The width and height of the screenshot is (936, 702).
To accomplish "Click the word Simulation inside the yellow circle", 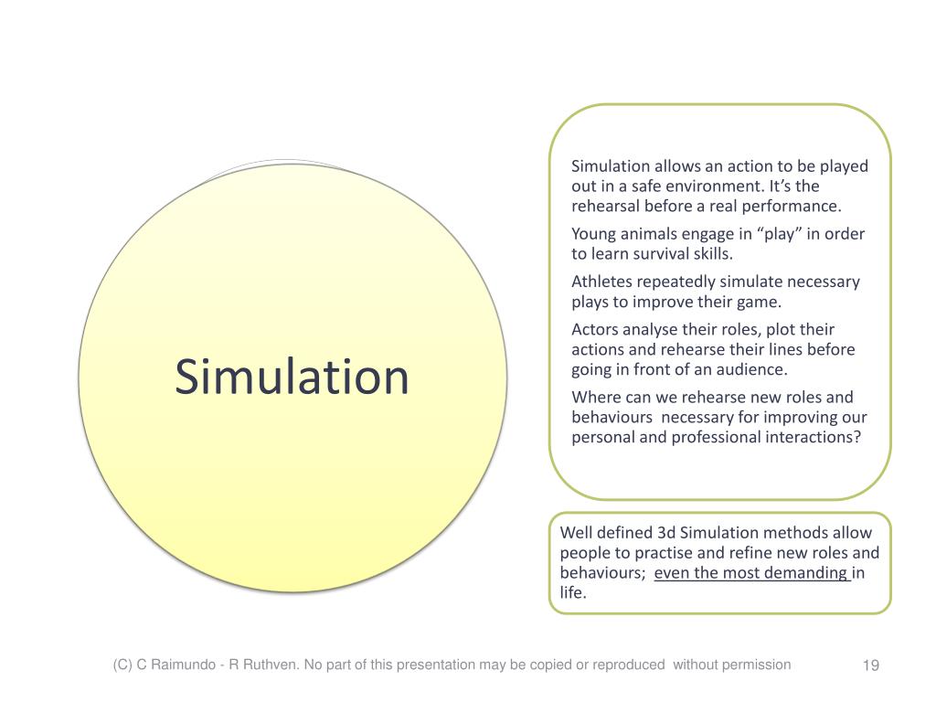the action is [292, 378].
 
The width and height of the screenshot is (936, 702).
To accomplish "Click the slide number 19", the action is [870, 665].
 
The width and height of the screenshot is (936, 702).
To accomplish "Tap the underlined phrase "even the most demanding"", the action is [751, 573].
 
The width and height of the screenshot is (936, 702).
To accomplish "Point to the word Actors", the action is [596, 329].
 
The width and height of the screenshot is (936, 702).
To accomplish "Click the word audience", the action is [754, 369].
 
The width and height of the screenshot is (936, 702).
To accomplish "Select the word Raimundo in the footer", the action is [181, 665].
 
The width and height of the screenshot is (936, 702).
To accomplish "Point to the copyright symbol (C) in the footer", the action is [122, 665].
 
